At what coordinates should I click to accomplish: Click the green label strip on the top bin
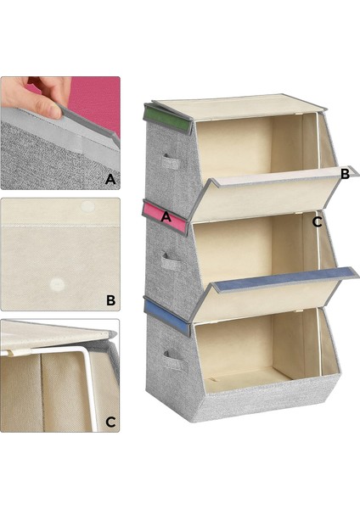pyautogui.click(x=166, y=120)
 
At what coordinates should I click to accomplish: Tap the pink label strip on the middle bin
pyautogui.click(x=166, y=217)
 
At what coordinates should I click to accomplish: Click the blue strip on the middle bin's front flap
pyautogui.click(x=286, y=279)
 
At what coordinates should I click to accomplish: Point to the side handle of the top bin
pyautogui.click(x=171, y=162)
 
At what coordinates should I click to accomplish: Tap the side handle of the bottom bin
pyautogui.click(x=176, y=361)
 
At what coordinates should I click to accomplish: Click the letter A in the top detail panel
pyautogui.click(x=110, y=179)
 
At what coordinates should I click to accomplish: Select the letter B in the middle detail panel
pyautogui.click(x=110, y=300)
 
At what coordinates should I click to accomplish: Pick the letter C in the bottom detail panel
pyautogui.click(x=110, y=422)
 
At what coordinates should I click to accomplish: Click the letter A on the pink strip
pyautogui.click(x=166, y=216)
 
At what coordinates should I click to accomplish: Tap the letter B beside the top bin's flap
pyautogui.click(x=345, y=174)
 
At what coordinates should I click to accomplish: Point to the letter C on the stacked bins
pyautogui.click(x=317, y=222)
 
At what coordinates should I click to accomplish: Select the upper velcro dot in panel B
pyautogui.click(x=87, y=206)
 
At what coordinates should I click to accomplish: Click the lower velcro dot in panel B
pyautogui.click(x=57, y=284)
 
